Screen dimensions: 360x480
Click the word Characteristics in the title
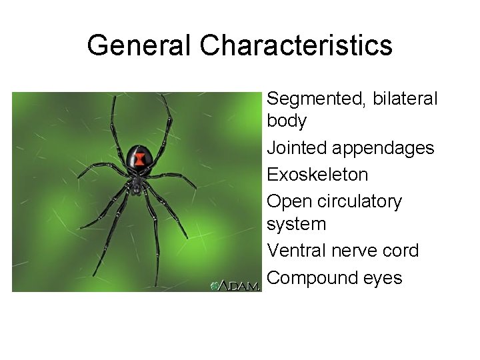[x=296, y=45]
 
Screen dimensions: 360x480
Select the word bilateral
[x=405, y=99]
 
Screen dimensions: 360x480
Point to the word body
[x=287, y=121]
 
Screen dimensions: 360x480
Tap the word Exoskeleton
[x=317, y=175]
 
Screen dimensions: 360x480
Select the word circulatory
[x=361, y=201]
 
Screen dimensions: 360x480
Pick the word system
[x=296, y=224]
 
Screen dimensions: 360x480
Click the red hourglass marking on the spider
[x=140, y=159]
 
